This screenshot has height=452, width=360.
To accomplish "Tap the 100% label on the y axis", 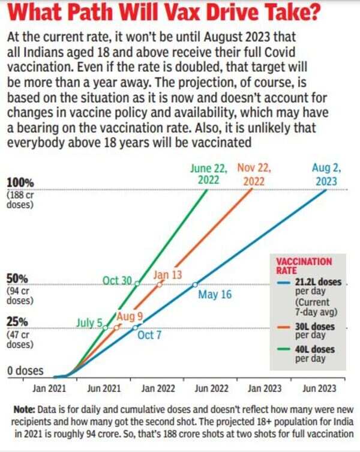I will click(20, 182).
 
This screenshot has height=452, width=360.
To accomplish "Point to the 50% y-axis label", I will click(17, 279).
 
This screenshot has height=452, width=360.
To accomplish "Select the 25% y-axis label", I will click(17, 322).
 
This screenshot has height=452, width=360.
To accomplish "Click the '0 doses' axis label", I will click(25, 371).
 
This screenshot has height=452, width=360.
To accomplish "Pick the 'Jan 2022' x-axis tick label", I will click(157, 389).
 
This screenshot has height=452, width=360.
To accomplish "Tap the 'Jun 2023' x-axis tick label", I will click(319, 389).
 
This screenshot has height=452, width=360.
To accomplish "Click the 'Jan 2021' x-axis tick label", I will click(50, 389).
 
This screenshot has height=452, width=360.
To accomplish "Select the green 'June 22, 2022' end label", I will click(205, 174).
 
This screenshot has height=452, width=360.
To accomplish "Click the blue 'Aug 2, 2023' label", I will click(325, 174).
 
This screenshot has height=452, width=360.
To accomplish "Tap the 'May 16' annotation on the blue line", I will click(214, 295).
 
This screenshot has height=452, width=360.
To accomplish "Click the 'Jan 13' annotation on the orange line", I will click(169, 275).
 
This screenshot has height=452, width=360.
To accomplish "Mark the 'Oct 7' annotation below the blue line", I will click(149, 336).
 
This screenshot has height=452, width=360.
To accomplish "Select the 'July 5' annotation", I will click(89, 323).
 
